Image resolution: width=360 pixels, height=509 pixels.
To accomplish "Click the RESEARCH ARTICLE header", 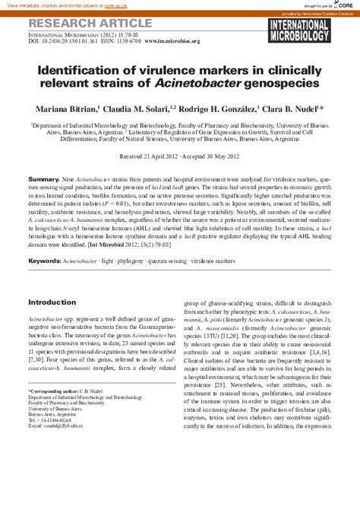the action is pos(77,21).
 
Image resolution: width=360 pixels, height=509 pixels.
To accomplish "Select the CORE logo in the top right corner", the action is pos(344,5).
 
